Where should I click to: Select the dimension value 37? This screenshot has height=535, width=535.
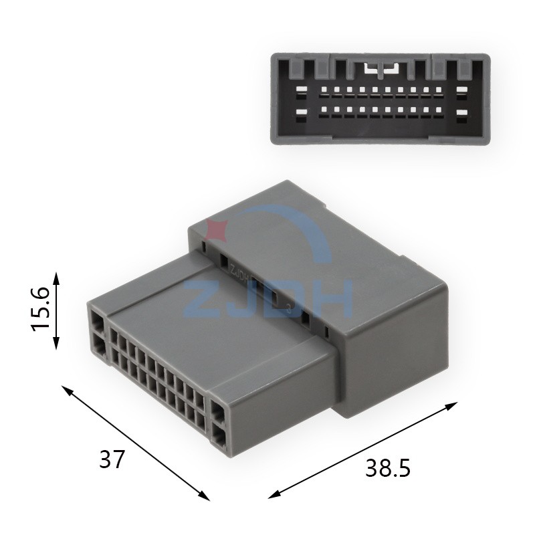point(111,459)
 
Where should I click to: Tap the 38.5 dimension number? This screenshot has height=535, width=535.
point(388,468)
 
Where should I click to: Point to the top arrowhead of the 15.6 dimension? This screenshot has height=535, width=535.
point(57,279)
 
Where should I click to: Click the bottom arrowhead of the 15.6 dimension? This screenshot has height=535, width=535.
point(57,342)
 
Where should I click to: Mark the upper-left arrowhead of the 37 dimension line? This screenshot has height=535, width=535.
point(67,390)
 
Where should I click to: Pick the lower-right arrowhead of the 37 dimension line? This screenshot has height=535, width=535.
point(204,496)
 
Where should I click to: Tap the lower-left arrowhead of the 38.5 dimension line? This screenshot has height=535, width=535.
point(275,494)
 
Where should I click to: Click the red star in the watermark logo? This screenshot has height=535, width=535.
point(217,230)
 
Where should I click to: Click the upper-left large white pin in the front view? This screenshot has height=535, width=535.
point(302,90)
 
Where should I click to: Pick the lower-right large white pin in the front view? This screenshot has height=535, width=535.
point(461,112)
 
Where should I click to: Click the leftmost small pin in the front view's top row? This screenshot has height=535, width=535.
point(324,90)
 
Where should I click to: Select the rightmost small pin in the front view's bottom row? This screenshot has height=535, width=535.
point(439,110)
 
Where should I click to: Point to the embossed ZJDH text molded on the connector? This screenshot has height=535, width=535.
point(239,273)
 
